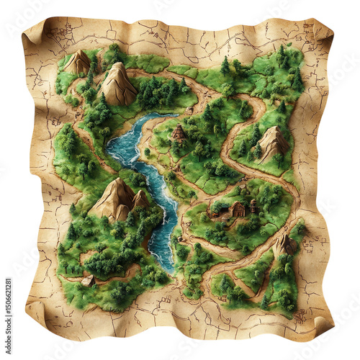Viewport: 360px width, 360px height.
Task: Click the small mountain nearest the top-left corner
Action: [77, 63]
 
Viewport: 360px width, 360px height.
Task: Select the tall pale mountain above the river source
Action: [119, 84]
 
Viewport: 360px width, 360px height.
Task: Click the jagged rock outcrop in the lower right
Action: [284, 244]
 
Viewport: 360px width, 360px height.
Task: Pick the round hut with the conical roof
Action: [179, 132]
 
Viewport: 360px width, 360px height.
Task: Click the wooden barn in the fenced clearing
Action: [238, 209]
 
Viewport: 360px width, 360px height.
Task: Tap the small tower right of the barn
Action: [253, 206]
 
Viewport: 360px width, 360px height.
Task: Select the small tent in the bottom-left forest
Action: [88, 280]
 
